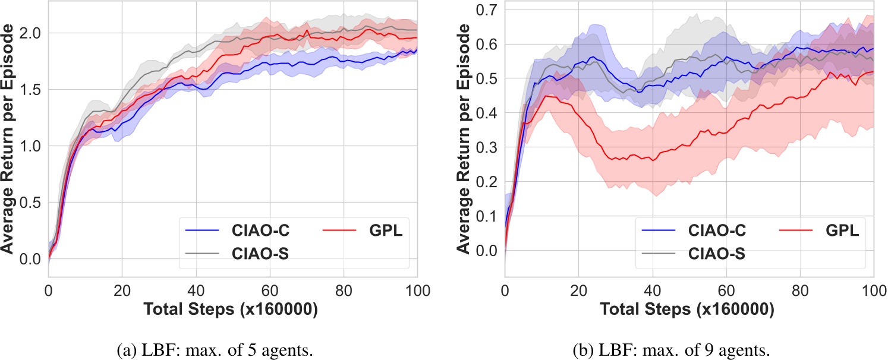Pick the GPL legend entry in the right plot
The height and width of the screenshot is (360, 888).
(x=842, y=230)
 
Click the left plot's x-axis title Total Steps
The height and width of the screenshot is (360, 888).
(x=232, y=310)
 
